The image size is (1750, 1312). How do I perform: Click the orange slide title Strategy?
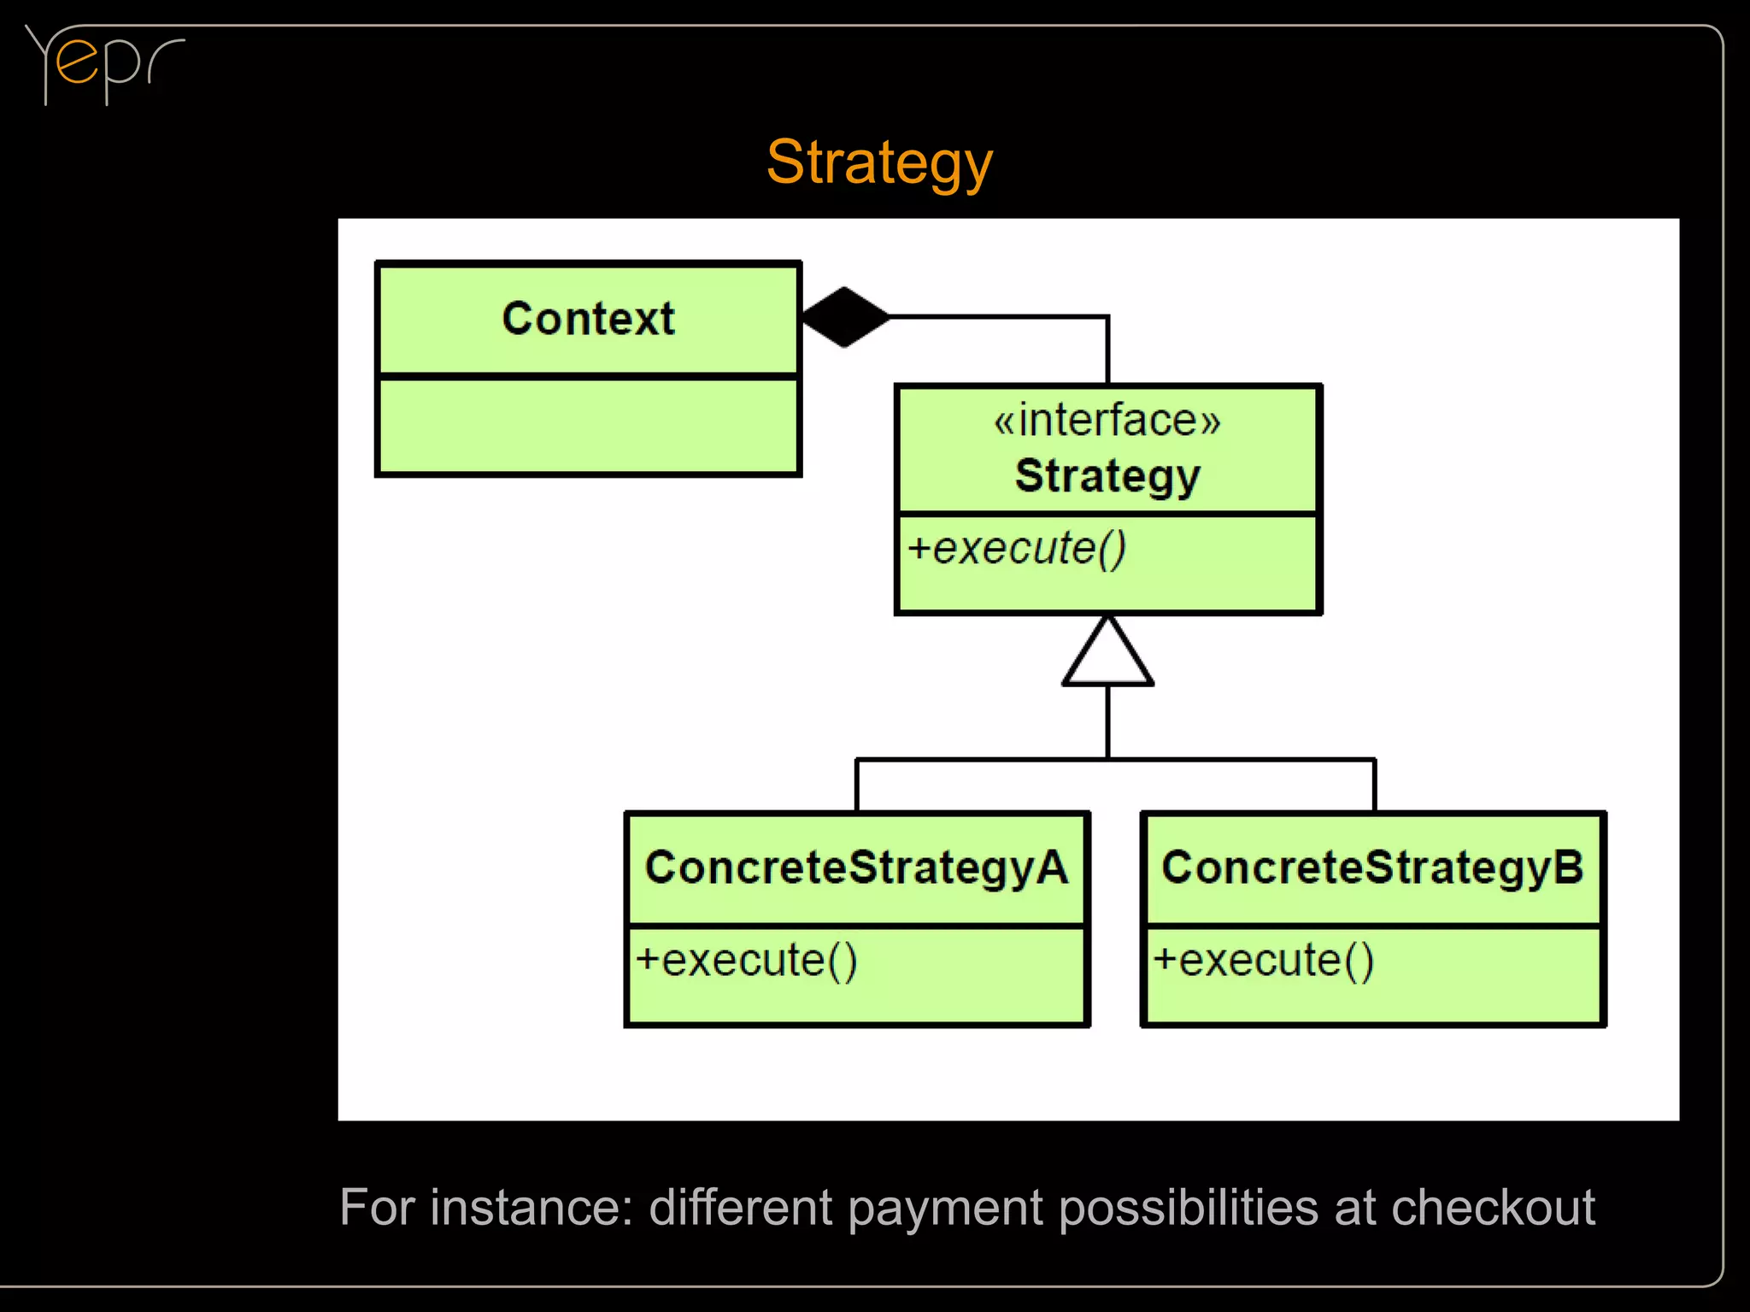tap(879, 162)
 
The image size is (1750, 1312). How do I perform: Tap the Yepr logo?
tap(103, 64)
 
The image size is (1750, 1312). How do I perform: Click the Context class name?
tap(588, 319)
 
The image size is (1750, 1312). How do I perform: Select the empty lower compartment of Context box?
tap(588, 425)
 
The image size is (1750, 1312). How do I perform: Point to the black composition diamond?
tap(845, 317)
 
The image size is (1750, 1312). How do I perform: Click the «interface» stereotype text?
tap(1107, 421)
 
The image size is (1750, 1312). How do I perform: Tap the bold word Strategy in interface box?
tap(1107, 476)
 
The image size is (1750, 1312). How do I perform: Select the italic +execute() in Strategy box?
tap(1017, 549)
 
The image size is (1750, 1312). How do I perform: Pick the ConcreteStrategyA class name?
tap(856, 868)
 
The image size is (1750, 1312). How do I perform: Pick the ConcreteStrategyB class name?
tap(1372, 868)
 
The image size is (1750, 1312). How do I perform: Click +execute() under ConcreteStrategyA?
tap(746, 961)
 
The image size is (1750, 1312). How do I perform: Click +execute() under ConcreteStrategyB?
tap(1263, 961)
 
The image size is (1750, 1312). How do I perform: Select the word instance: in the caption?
tap(531, 1207)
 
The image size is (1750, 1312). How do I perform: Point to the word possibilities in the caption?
tap(1189, 1209)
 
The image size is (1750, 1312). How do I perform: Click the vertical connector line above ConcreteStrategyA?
tap(856, 785)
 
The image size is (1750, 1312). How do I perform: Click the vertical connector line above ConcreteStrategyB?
tap(1374, 785)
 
